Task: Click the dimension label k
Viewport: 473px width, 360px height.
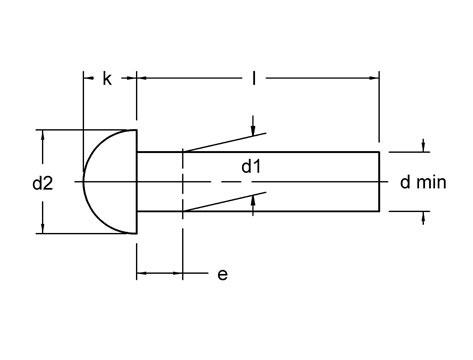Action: click(108, 77)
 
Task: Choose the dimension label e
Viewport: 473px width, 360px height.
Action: click(221, 274)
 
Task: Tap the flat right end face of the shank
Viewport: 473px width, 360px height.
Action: click(379, 181)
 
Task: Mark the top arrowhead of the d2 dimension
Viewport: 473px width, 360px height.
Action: click(42, 134)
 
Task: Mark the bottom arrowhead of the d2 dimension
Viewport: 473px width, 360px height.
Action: click(42, 228)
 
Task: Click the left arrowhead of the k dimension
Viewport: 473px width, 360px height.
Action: click(85, 77)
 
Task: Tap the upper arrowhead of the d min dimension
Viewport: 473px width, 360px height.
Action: click(425, 146)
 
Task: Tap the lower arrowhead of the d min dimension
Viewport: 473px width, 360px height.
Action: click(425, 216)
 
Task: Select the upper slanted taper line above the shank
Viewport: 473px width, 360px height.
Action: click(225, 141)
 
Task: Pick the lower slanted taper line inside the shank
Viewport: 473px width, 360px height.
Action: click(220, 204)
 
